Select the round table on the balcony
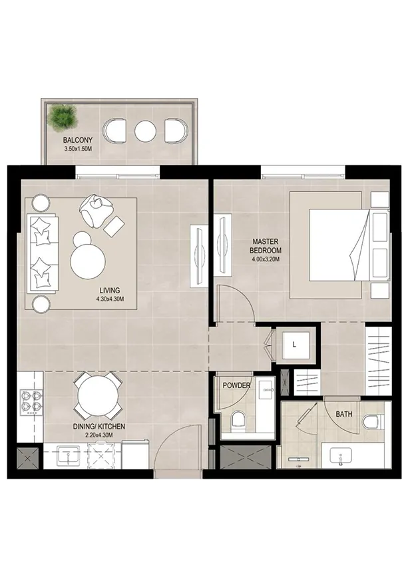click(144, 130)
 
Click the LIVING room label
click(109, 290)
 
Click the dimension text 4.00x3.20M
click(266, 259)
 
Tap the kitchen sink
click(67, 457)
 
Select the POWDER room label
click(236, 385)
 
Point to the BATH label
click(343, 414)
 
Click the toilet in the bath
click(371, 421)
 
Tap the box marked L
click(295, 345)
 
